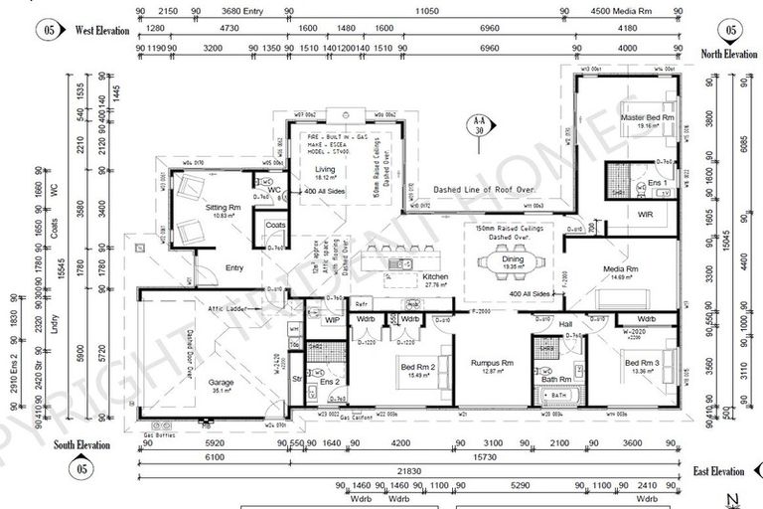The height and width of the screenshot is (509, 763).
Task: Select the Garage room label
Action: (x=221, y=382)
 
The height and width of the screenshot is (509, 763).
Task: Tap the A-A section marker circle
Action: (x=479, y=125)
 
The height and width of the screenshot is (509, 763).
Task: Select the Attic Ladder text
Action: (x=228, y=309)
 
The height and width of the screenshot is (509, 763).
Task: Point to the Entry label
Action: (x=234, y=267)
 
